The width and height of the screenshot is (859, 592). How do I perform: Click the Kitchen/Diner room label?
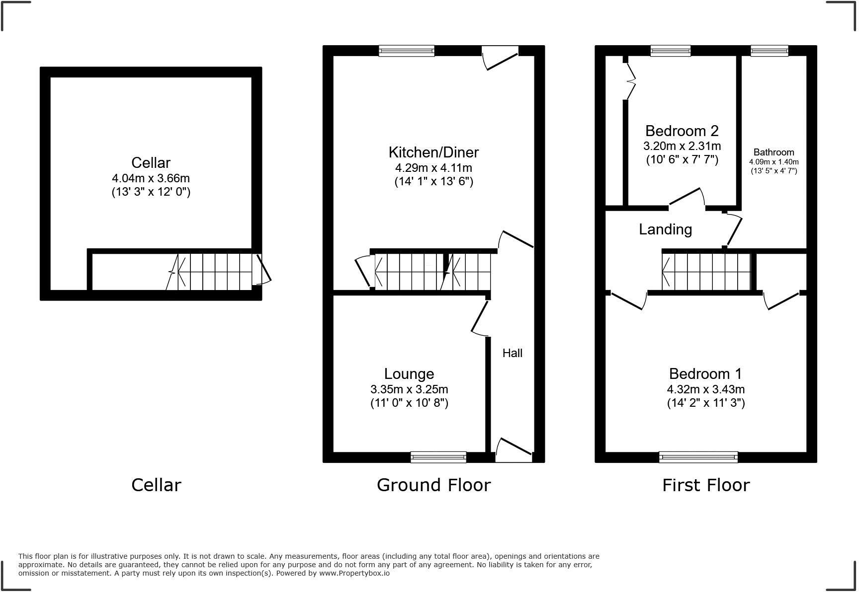[x=433, y=152]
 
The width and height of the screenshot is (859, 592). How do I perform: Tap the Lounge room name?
[x=409, y=373]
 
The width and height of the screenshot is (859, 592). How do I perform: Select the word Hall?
[x=512, y=353]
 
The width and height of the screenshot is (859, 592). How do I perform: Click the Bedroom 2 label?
[x=682, y=131]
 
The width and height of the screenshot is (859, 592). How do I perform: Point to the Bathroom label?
[x=773, y=152]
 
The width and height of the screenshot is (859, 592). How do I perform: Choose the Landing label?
[x=665, y=229]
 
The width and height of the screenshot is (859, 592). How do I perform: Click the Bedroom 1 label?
[x=705, y=373]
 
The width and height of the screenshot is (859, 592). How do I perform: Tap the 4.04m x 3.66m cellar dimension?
[x=151, y=178]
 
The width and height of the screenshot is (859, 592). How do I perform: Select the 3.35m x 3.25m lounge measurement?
[x=409, y=389]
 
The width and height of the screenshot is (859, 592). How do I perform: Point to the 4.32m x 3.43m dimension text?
[x=705, y=389]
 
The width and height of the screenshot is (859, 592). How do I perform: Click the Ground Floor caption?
[x=433, y=485]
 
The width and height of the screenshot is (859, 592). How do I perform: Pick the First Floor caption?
[x=705, y=485]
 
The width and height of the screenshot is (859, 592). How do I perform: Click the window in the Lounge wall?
[x=438, y=457]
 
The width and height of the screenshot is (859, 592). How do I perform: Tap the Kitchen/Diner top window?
[x=406, y=51]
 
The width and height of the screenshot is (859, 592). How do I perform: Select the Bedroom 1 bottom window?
[x=698, y=457]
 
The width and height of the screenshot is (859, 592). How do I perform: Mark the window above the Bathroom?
[x=769, y=51]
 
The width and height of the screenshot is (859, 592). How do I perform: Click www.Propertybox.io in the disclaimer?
[x=354, y=573]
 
